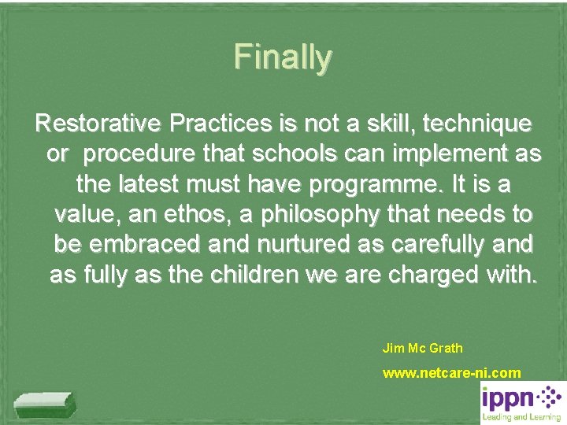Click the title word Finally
coord(283,57)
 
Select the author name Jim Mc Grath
coord(422,347)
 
